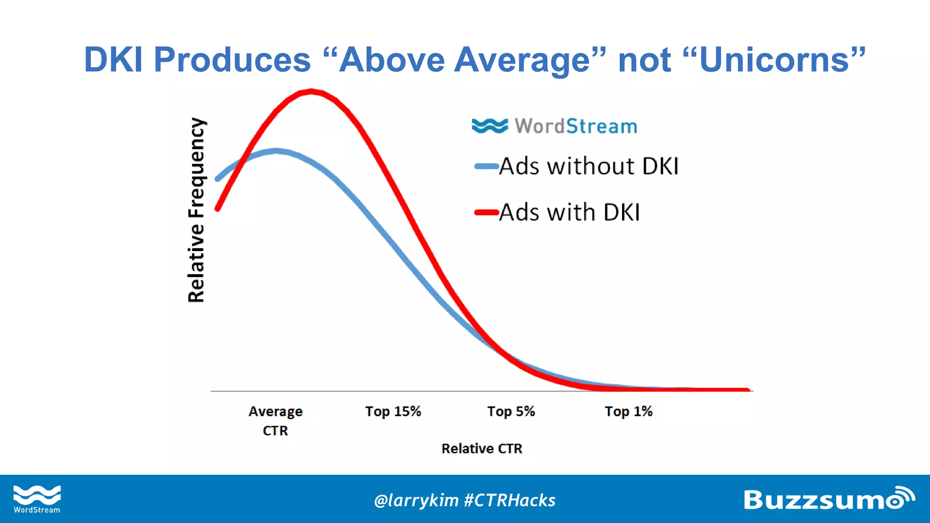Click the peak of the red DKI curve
click(312, 92)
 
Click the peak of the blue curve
click(276, 151)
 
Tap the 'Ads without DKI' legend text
click(589, 166)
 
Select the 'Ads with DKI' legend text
click(569, 212)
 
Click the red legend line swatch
click(486, 212)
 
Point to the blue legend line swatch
click(486, 166)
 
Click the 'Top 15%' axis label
click(393, 411)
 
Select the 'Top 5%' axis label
click(511, 411)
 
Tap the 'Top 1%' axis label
click(628, 411)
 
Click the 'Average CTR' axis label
click(275, 420)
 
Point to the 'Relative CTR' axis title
click(482, 449)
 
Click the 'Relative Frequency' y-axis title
click(196, 210)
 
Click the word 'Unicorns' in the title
click(774, 60)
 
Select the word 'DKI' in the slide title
click(114, 60)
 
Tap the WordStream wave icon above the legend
click(490, 126)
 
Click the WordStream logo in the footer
click(37, 499)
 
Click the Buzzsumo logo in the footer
click(828, 499)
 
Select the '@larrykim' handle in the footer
click(416, 500)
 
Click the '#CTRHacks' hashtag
click(510, 500)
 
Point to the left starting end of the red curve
click(218, 209)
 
